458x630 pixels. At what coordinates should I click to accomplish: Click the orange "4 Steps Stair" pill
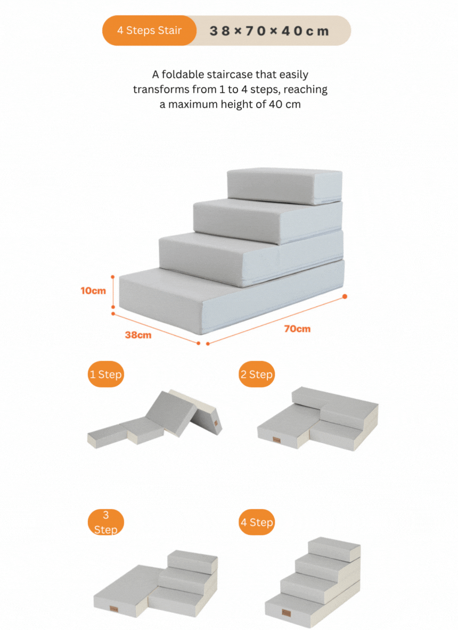(x=149, y=30)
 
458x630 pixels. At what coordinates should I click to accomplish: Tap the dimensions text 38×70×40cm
(x=269, y=31)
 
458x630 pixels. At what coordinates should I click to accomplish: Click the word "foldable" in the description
(x=183, y=74)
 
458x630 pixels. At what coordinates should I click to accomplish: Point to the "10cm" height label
(x=93, y=291)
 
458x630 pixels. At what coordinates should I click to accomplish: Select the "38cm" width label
(x=138, y=335)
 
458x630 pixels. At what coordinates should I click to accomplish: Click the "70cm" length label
(x=297, y=329)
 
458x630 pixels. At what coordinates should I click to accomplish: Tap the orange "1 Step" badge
(x=106, y=374)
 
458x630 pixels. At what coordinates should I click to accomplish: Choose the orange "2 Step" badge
(x=257, y=374)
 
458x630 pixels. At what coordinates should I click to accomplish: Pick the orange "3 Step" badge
(x=106, y=522)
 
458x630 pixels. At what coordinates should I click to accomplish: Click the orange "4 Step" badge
(x=257, y=522)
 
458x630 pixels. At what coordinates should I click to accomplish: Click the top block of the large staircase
(x=285, y=186)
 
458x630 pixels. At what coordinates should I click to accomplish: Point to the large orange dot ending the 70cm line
(x=345, y=296)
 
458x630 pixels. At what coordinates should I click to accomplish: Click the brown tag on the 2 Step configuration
(x=277, y=440)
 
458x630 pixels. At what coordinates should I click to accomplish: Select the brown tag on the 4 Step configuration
(x=287, y=613)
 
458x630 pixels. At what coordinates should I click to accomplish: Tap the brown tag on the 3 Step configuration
(x=114, y=609)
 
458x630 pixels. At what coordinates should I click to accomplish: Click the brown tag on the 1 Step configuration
(x=216, y=423)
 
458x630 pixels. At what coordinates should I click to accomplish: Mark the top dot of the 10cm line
(x=112, y=277)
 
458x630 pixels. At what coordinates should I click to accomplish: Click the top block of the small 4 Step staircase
(x=334, y=549)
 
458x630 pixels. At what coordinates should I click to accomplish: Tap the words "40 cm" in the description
(x=285, y=104)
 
